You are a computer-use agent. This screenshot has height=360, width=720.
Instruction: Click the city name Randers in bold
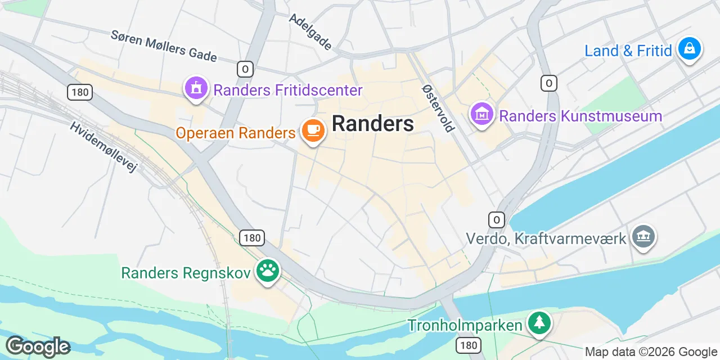(x=373, y=124)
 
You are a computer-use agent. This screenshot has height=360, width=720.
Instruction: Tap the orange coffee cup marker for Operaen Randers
(x=313, y=130)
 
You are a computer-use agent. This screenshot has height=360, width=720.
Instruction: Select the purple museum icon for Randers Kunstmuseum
(x=481, y=115)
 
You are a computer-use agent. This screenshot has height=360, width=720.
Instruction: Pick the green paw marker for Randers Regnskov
(x=268, y=271)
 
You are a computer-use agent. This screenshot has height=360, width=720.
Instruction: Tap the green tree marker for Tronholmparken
(x=539, y=322)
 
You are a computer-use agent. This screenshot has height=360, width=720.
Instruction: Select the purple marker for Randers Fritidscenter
(x=196, y=88)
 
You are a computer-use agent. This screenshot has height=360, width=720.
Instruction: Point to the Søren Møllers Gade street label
(x=164, y=45)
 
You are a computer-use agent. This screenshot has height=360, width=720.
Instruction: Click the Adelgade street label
(x=310, y=31)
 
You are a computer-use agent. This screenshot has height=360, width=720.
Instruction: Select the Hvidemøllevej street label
(x=103, y=146)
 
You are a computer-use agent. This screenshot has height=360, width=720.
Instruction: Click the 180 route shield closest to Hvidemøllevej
(x=80, y=92)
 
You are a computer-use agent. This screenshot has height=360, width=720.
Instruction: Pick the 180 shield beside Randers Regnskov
(x=252, y=238)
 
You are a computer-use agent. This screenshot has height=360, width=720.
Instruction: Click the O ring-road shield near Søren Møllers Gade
(x=245, y=69)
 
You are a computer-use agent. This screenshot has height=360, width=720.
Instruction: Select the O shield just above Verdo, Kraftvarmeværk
(x=496, y=219)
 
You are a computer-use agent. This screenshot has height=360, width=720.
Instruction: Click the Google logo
(x=38, y=346)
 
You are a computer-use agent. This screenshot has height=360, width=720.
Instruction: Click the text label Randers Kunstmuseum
(x=580, y=116)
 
